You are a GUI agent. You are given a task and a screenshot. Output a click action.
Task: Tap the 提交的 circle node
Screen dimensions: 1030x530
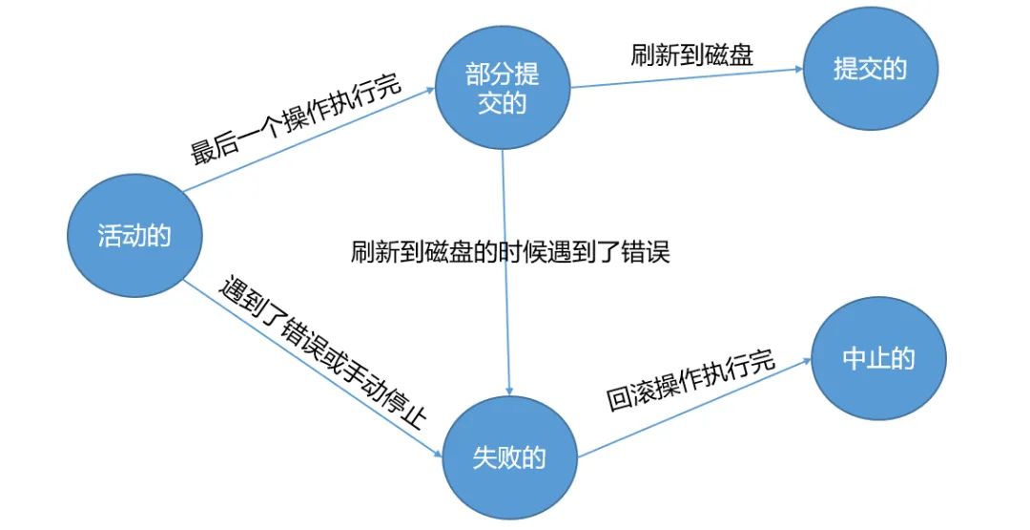click(869, 69)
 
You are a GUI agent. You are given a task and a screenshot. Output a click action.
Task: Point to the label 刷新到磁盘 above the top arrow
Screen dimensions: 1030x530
click(691, 54)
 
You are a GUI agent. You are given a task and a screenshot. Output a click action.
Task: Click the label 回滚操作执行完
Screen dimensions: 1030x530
click(691, 381)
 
